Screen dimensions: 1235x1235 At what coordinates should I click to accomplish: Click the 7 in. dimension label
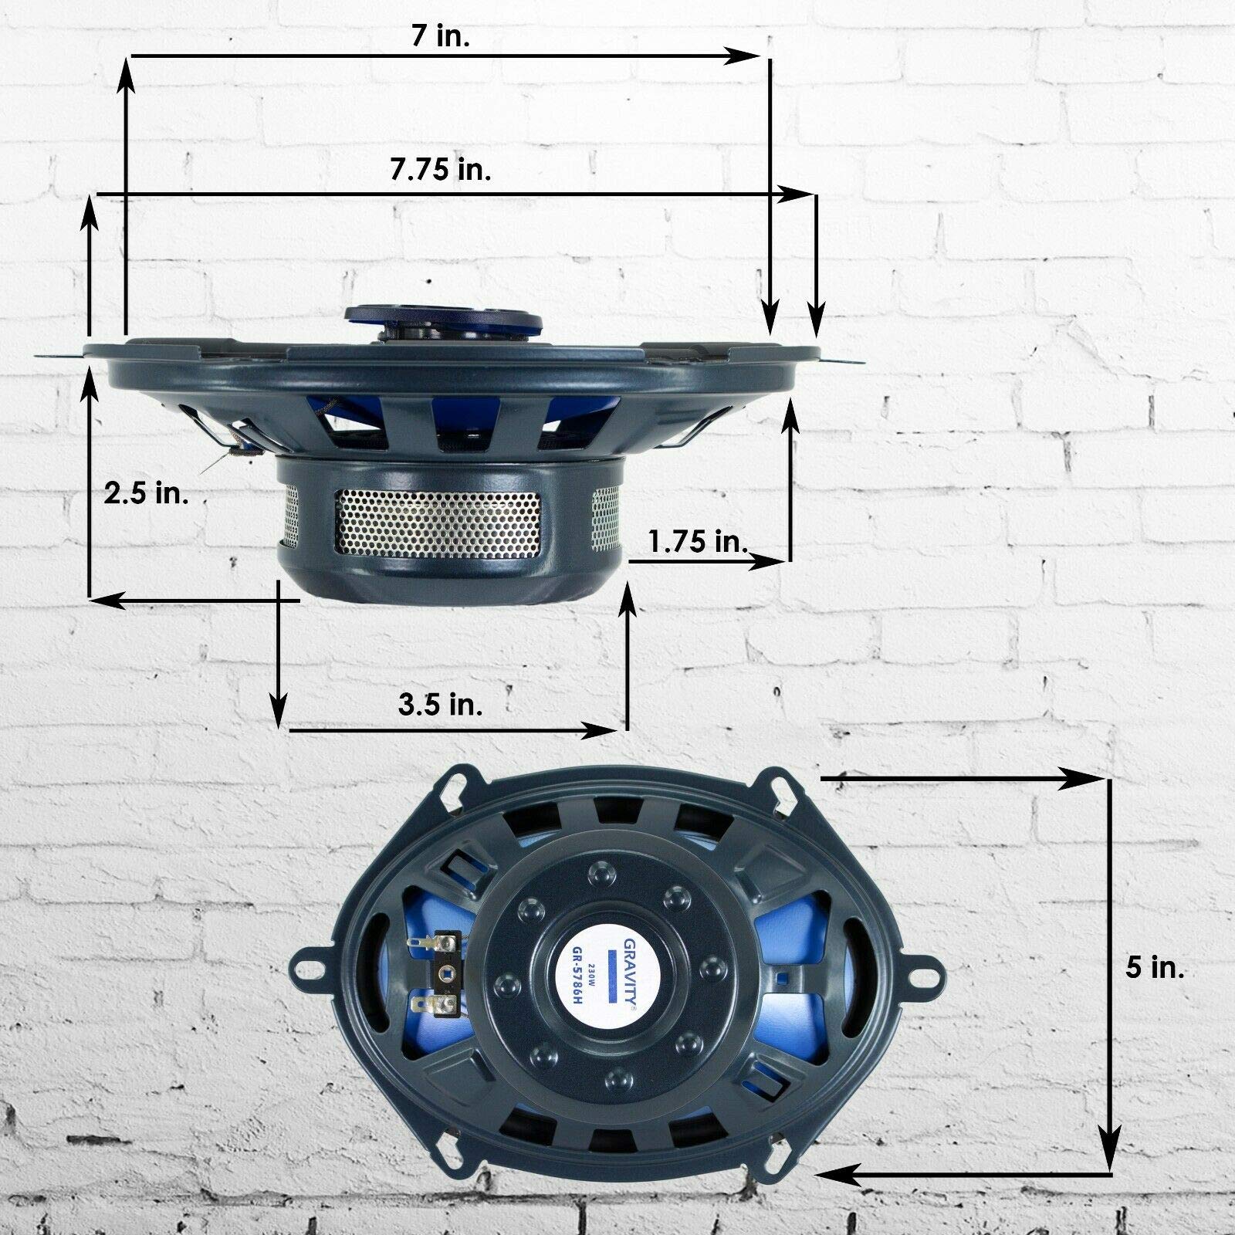point(441,37)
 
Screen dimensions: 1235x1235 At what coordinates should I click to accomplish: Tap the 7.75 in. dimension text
point(441,171)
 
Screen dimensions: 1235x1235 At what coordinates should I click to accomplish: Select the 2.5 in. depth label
point(147,493)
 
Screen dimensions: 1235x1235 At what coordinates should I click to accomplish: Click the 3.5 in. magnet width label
point(441,704)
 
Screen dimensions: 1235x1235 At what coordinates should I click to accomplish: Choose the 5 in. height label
point(1155,968)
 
